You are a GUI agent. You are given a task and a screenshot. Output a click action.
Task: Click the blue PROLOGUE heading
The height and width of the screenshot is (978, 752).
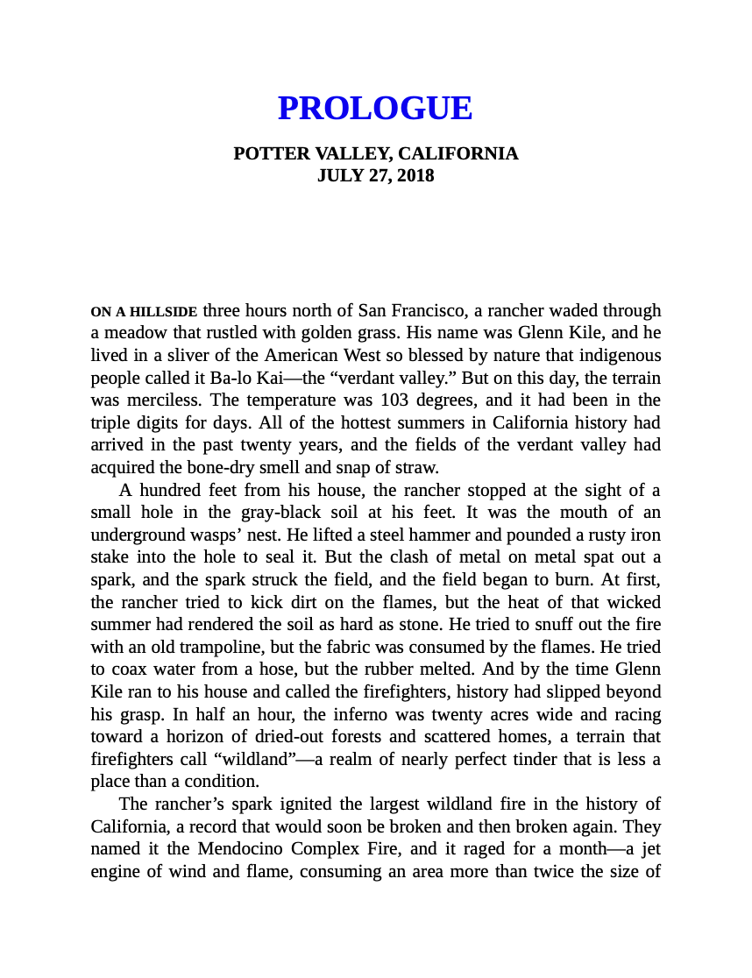375,108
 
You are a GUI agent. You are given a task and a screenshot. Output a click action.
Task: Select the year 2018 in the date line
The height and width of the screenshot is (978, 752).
415,175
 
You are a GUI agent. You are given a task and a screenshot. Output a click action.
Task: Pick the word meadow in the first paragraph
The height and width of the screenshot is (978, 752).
131,333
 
